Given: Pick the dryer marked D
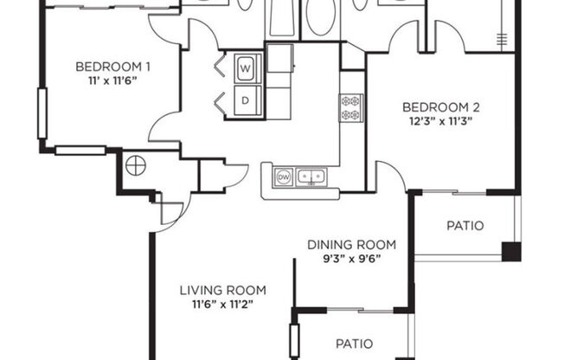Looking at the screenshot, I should point(246,100).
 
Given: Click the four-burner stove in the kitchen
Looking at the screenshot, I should point(350,107).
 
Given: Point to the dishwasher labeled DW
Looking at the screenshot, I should point(284,177).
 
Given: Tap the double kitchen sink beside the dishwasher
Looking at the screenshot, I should point(311,177).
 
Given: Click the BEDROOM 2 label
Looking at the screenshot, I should point(440,107).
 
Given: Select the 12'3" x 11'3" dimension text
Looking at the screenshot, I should point(440,121).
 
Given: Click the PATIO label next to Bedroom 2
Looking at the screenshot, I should point(465,227).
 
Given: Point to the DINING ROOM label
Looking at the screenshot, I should point(351,244).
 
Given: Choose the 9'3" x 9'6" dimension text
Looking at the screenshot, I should point(351,258).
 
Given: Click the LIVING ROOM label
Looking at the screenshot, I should point(222,290).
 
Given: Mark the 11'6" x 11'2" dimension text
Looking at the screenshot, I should point(222,304).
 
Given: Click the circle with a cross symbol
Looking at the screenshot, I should point(134,164).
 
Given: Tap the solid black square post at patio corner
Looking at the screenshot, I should point(512,252).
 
